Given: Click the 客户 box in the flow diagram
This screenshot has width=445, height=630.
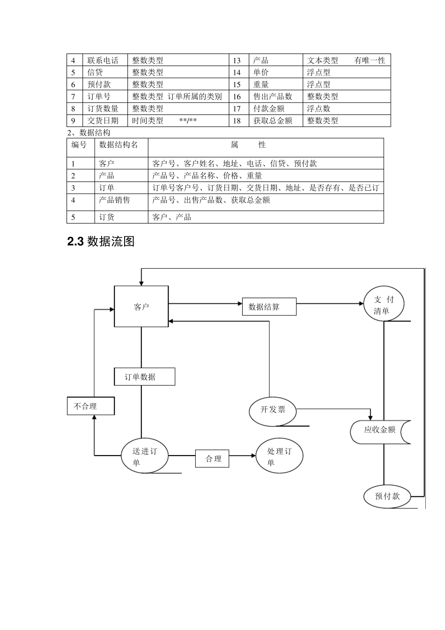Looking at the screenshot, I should [x=141, y=307].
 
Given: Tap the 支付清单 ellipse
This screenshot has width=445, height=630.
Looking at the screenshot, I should [x=384, y=305].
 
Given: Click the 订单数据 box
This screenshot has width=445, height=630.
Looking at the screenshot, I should [x=144, y=377].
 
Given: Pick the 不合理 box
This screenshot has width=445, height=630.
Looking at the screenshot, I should [x=90, y=406].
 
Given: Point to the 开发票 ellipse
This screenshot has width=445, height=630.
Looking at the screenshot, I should [x=273, y=409].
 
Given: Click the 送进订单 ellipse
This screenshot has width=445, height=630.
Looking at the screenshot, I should [x=144, y=457].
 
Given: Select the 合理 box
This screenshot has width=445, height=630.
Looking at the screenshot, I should [x=212, y=458].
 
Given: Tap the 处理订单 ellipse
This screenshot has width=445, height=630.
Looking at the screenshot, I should [x=279, y=457].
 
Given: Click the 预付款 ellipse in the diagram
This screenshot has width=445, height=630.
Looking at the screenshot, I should [x=387, y=496].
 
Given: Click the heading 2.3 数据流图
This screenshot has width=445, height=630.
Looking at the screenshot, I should [x=101, y=241].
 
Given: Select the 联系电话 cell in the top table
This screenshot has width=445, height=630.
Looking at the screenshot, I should [x=103, y=60].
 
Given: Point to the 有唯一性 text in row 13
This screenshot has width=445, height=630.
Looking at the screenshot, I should [x=370, y=60].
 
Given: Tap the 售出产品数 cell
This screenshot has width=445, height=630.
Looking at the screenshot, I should [x=273, y=97].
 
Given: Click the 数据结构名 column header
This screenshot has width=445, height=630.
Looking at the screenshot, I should [x=119, y=145].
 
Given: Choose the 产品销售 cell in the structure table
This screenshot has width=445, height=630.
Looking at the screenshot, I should [x=115, y=200].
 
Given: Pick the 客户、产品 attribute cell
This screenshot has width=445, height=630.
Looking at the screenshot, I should [x=172, y=217].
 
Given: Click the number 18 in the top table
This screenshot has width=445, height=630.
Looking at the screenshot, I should [x=237, y=121].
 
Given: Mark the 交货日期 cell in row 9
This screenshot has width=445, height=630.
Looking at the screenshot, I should [x=103, y=121].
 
